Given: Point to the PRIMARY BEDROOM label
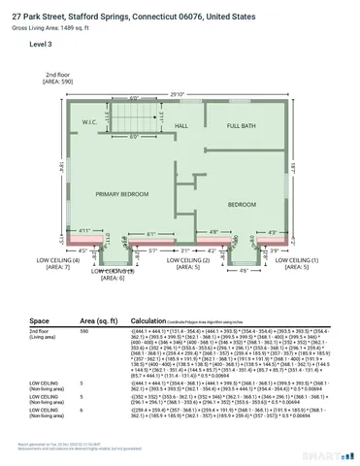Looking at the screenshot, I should click(x=121, y=194).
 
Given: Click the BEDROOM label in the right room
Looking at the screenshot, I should click(x=242, y=205).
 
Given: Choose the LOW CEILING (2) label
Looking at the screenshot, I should click(x=193, y=261).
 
